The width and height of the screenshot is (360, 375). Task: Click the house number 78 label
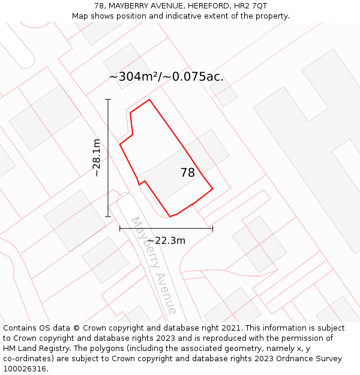click(188, 173)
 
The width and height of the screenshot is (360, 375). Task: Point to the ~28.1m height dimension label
click(96, 157)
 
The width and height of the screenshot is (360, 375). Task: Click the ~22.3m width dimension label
click(166, 241)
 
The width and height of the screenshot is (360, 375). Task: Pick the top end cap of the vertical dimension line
click(108, 100)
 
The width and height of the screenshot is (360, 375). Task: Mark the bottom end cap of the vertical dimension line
click(108, 217)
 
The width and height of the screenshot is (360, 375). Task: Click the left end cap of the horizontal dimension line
click(120, 228)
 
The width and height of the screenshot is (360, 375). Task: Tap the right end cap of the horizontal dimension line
click(212, 228)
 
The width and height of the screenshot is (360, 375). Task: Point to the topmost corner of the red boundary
click(149, 100)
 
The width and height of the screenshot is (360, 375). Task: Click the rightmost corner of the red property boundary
click(212, 189)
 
